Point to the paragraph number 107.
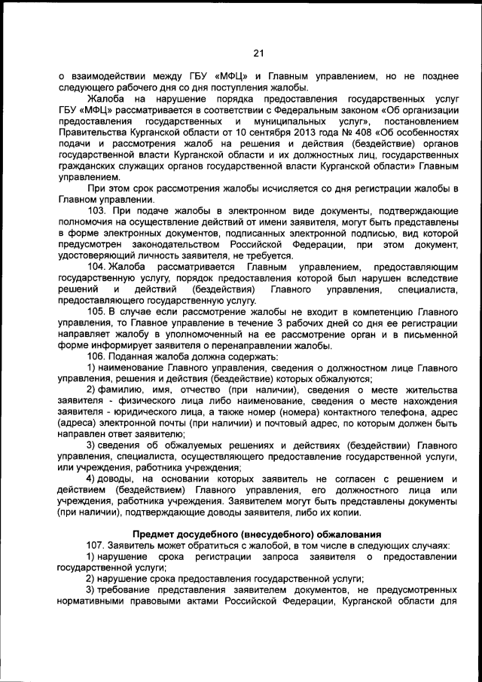pyautogui.click(x=98, y=544)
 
